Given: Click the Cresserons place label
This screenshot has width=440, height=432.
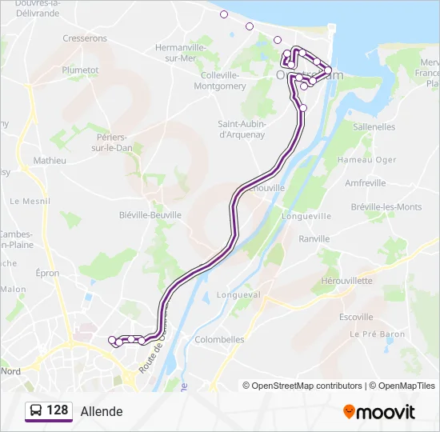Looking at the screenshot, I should pos(85,38).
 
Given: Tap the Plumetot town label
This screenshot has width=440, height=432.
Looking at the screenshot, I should pos(80,70).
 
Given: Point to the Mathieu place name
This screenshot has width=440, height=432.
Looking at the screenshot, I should pos(50,160).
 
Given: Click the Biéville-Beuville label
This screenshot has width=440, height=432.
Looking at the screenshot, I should pos(150,214).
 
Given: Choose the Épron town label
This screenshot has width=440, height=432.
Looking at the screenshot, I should pos(47,273).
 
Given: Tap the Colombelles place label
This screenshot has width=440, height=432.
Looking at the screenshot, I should pos(219,339).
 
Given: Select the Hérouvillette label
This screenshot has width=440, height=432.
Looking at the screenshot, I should pos(346,281).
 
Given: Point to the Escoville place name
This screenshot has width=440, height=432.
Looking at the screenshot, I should pos(356,317).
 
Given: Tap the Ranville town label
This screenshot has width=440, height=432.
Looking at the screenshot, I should pos(314,238).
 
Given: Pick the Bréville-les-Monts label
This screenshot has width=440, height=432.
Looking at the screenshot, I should pos(386,207).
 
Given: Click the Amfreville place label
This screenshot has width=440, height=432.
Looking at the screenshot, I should pos(365,183).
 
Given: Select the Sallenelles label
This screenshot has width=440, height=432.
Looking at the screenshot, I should pos(374,126).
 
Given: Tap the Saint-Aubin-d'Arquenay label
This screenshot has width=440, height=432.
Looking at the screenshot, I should pos(242,129).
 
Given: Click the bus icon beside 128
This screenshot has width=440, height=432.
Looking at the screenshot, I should pos(35,411).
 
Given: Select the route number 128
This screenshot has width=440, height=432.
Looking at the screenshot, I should pos(58,411).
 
